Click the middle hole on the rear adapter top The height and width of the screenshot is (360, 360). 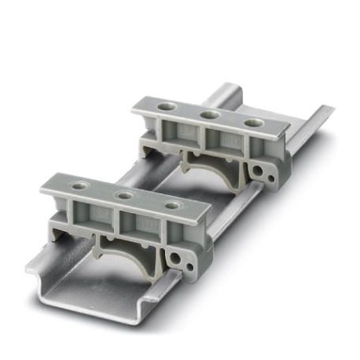pos(209,115)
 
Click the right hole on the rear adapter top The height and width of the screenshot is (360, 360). pos(252,123)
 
